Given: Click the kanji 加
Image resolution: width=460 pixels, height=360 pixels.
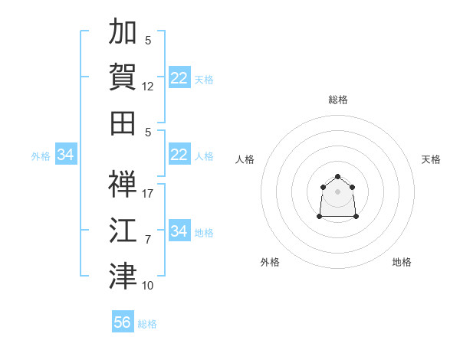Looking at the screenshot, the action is [123, 31].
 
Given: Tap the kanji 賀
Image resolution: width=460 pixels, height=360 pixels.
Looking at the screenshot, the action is [123, 77].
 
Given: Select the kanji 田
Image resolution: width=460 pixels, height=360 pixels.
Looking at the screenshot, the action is [123, 123].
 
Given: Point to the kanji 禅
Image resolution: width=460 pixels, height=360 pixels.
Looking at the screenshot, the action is [123, 184].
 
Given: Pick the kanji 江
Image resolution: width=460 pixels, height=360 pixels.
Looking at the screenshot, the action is [123, 230].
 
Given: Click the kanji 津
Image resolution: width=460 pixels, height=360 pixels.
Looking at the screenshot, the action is [123, 276].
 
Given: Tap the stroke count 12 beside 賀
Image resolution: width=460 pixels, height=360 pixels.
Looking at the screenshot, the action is [147, 87].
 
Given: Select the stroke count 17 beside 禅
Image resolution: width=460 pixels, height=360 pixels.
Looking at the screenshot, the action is [147, 194].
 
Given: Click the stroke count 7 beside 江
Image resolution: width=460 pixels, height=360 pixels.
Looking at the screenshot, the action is [148, 240].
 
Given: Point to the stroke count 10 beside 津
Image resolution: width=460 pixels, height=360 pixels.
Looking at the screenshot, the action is [147, 286].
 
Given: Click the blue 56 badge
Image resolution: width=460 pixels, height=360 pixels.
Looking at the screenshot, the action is [123, 321].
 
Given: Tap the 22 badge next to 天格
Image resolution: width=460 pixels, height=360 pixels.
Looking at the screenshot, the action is [179, 77].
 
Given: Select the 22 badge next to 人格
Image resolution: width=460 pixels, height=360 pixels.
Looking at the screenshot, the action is [179, 154].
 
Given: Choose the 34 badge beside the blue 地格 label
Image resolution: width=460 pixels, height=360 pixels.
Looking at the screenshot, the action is [179, 230].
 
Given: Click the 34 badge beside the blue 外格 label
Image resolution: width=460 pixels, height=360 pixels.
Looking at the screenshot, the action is [66, 154].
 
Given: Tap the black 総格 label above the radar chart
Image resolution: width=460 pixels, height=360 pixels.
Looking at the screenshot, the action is [338, 100].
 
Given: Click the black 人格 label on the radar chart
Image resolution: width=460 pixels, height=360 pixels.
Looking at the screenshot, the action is [245, 159].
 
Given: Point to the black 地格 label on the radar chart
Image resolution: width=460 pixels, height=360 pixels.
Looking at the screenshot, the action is [402, 262].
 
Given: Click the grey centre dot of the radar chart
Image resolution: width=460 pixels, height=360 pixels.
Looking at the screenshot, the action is [337, 191].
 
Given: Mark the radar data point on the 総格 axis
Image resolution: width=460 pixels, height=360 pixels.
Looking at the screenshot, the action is [337, 176].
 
